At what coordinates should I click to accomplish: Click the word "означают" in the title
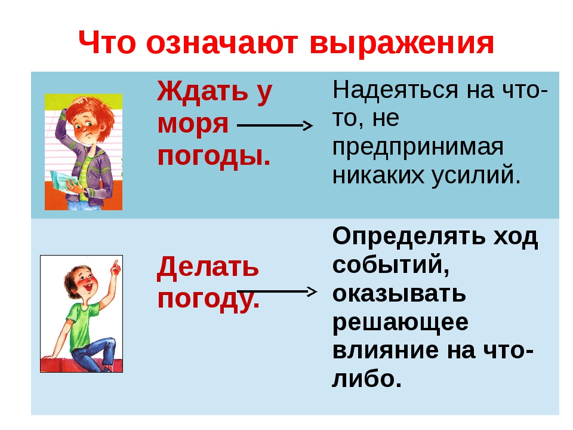tap(222, 43)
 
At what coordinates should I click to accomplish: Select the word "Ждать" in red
tap(203, 91)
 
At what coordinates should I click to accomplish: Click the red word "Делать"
tap(208, 267)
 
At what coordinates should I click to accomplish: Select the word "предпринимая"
tap(418, 148)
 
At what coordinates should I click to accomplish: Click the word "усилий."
tap(476, 176)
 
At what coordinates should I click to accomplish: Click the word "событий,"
tap(390, 265)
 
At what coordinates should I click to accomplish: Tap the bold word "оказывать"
tap(399, 293)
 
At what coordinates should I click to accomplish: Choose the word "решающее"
tap(400, 323)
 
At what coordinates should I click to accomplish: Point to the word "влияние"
tap(386, 350)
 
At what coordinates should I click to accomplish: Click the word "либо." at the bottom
tap(367, 379)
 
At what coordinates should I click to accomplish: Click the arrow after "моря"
tap(275, 126)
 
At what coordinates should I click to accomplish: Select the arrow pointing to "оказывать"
tap(277, 292)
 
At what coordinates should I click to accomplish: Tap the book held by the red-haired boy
tap(64, 182)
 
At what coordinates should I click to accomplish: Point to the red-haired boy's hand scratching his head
tap(76, 102)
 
